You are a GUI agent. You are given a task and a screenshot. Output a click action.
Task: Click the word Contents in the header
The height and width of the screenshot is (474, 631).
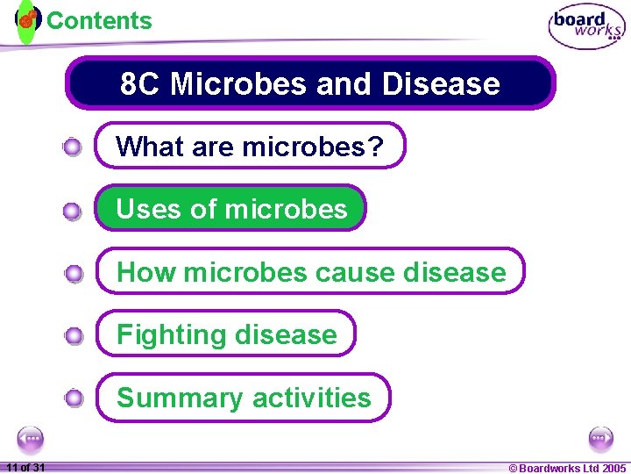(99, 20)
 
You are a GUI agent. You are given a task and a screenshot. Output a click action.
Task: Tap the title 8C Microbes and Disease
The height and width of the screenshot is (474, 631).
(310, 84)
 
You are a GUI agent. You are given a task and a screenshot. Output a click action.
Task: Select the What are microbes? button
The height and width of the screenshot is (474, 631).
(251, 146)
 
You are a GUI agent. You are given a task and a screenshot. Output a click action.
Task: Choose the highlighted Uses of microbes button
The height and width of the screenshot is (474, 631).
(231, 209)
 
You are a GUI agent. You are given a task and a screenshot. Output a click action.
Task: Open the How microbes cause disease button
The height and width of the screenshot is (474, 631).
(311, 271)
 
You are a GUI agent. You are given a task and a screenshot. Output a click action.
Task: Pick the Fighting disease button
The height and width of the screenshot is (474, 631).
(226, 334)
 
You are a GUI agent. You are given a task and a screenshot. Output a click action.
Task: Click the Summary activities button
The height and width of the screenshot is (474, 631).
(244, 398)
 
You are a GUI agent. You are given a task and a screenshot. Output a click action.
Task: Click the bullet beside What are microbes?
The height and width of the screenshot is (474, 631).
(74, 147)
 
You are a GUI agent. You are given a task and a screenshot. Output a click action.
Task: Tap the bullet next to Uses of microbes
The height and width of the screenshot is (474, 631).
(74, 211)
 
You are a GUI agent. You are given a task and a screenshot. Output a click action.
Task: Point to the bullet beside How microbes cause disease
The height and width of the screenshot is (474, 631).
(74, 274)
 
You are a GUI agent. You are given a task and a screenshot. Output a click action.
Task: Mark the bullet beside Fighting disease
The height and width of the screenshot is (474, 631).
(74, 336)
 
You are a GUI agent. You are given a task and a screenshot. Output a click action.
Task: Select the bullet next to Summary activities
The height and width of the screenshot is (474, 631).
(74, 399)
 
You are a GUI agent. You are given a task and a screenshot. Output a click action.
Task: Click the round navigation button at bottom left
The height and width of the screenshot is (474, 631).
(31, 438)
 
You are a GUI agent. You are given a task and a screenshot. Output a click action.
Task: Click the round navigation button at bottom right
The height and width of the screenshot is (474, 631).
(600, 438)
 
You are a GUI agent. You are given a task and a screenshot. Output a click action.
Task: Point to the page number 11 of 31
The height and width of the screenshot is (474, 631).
(25, 467)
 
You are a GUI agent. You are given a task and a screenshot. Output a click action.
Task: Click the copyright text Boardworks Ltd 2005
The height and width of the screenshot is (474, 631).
(568, 468)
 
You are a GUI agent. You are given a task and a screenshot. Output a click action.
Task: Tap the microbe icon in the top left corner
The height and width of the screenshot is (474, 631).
(28, 18)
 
